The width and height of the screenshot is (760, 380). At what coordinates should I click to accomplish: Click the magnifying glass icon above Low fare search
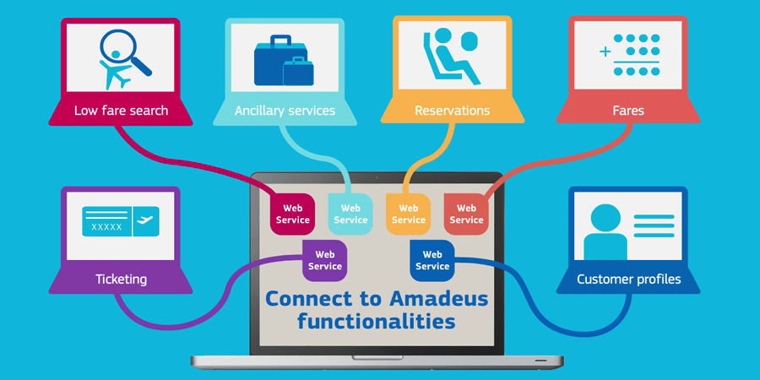(125, 53)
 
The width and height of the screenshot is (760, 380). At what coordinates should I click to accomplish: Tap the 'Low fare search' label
(121, 111)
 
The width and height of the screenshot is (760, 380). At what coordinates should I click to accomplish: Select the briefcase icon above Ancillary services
(284, 61)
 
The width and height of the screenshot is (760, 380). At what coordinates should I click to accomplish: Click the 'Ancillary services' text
(285, 111)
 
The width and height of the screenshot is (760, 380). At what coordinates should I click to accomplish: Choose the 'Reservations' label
(453, 111)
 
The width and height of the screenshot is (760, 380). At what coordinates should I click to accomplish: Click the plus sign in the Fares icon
(605, 51)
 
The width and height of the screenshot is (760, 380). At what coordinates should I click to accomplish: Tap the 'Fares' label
(628, 111)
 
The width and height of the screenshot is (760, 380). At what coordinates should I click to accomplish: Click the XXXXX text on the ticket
(106, 227)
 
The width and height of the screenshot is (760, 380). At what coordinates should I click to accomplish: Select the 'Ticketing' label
(121, 280)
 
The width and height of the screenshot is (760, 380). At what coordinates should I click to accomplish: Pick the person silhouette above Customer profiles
(605, 232)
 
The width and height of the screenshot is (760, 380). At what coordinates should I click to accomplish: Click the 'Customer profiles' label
(628, 280)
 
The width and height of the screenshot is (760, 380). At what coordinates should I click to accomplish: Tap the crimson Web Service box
(293, 214)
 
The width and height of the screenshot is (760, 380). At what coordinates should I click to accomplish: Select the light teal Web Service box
(350, 214)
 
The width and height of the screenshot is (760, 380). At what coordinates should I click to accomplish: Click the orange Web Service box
(408, 214)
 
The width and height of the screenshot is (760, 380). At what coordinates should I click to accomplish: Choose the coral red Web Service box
(466, 214)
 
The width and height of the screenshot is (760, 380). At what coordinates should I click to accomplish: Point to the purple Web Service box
(325, 260)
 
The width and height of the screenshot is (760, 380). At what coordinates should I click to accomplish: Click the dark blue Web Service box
(432, 260)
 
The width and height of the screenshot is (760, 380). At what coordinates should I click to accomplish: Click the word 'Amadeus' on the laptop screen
(438, 299)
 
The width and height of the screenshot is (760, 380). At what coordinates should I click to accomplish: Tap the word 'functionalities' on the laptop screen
(377, 321)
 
